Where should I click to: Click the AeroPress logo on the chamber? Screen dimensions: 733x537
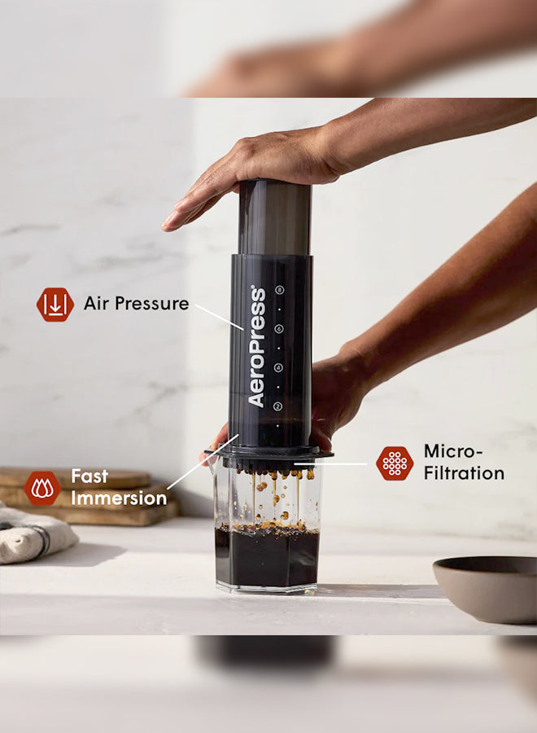click(257, 346)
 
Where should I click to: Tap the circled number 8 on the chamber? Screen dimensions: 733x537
click(279, 289)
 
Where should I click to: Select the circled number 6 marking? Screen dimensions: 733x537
click(279, 328)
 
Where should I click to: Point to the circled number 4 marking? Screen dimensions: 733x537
click(278, 367)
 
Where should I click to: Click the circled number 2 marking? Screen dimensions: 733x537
click(278, 406)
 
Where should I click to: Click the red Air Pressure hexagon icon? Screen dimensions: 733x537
click(55, 305)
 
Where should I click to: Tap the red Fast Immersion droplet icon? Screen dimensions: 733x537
click(42, 488)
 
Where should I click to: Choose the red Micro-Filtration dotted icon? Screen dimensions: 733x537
click(395, 463)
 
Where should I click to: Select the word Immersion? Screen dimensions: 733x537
click(119, 498)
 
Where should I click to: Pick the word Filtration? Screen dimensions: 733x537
click(464, 473)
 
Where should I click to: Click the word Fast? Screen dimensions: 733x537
click(89, 476)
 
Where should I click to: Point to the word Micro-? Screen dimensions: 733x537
click(453, 451)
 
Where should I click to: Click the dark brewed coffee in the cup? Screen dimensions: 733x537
click(267, 558)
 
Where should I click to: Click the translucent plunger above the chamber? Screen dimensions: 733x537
click(274, 216)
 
